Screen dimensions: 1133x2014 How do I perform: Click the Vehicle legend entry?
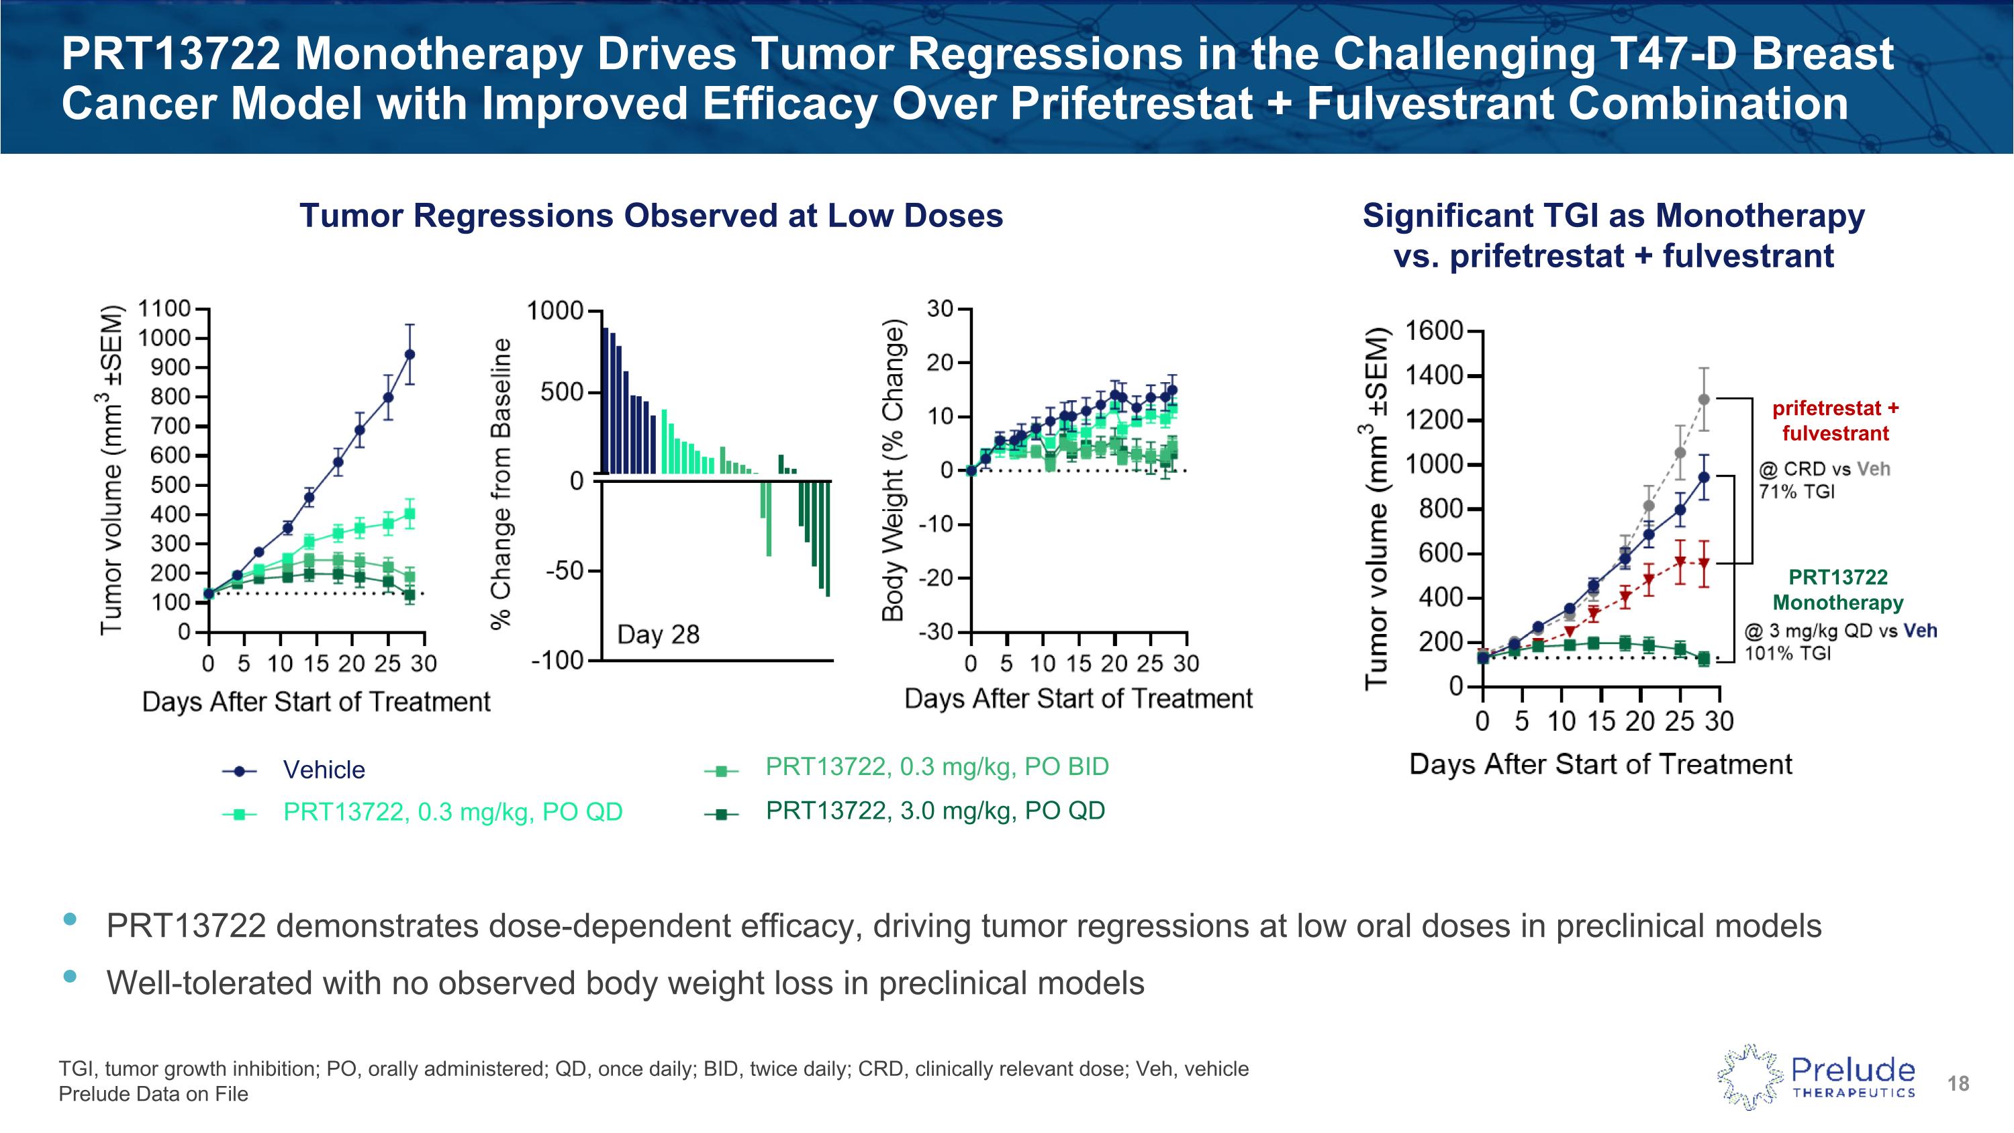[323, 770]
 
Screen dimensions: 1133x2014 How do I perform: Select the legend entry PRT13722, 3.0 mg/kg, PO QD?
[935, 811]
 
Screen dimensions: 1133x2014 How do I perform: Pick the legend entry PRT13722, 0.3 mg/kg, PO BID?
[937, 767]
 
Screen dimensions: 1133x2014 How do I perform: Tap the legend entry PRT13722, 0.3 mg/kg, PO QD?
[452, 813]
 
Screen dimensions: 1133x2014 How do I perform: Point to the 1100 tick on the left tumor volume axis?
[164, 309]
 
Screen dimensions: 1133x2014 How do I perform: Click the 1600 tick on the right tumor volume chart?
[1434, 332]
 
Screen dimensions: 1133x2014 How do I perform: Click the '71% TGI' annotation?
[1796, 492]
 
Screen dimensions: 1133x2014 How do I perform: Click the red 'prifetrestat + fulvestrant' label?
[1835, 420]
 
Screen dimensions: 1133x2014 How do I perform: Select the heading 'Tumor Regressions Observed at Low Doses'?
[651, 216]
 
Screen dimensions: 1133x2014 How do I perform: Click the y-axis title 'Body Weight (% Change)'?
[892, 471]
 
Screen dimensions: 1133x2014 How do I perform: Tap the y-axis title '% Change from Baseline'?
[500, 484]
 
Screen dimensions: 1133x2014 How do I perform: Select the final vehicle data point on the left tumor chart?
[409, 354]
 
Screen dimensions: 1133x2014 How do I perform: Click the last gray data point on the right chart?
[1704, 400]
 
